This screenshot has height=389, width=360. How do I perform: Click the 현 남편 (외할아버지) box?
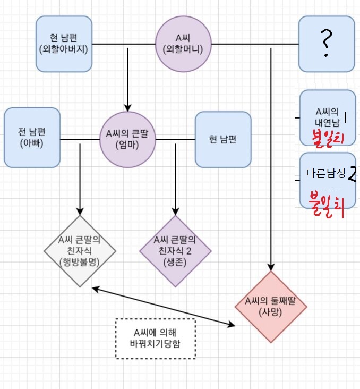point(64,44)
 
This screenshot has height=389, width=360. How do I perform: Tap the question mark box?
point(326,44)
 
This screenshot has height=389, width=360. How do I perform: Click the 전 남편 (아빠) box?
point(32,138)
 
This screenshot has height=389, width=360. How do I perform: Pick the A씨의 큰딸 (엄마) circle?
point(127,139)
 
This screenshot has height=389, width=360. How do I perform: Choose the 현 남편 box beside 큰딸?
point(223,139)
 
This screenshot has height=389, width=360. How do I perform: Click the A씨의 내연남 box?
point(327,116)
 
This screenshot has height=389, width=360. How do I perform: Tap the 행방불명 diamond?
point(80,251)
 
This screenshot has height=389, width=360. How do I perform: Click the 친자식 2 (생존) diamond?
point(175,251)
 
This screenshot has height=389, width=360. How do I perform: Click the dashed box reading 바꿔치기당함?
point(155,337)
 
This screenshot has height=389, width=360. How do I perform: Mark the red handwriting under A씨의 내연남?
point(329,138)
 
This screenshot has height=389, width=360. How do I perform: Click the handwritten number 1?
point(345,116)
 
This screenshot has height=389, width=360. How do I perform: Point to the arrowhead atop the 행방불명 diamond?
point(80,210)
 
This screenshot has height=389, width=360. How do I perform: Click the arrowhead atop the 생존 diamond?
point(175,210)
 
